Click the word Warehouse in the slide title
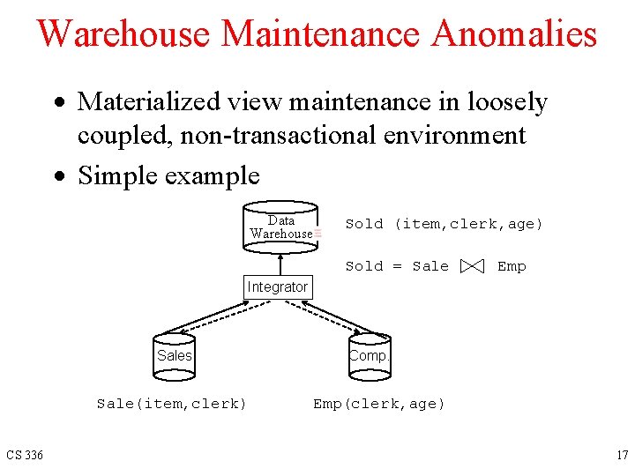(x=124, y=34)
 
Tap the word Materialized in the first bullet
(x=150, y=102)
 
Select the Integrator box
(x=277, y=287)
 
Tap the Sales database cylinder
(x=174, y=356)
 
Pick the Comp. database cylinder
(x=368, y=356)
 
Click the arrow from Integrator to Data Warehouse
(x=280, y=264)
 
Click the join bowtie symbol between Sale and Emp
(x=472, y=266)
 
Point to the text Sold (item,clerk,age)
(x=444, y=224)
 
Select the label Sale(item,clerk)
(x=171, y=404)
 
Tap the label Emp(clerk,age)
(x=379, y=404)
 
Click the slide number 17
(x=622, y=456)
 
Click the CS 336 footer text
(x=25, y=456)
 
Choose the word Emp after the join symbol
(x=512, y=266)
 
